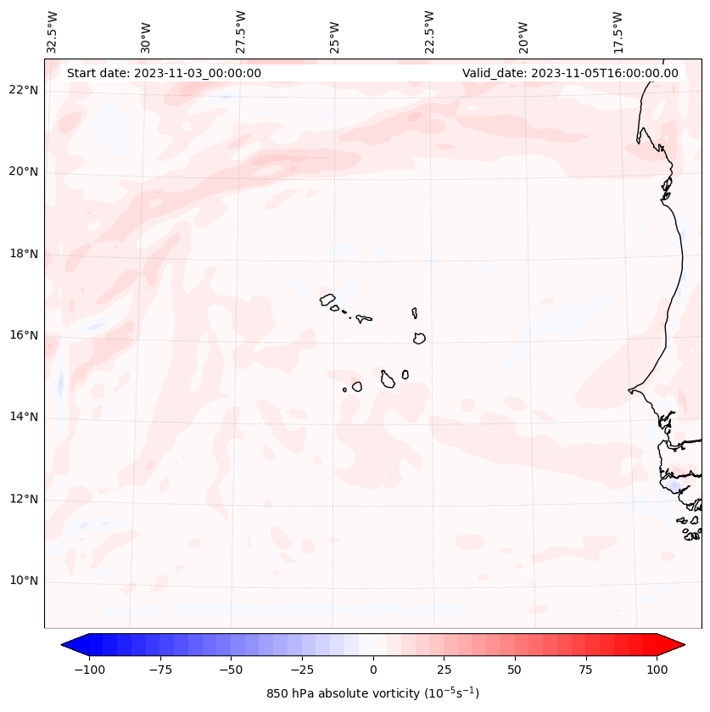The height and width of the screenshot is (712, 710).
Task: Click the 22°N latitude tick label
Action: pos(24,90)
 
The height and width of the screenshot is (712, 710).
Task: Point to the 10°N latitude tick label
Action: pos(24,581)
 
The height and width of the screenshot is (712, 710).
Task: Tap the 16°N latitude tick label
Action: pos(24,335)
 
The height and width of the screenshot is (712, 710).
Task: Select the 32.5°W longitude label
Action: pos(53,31)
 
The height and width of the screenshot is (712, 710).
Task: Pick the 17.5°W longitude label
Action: pos(618,31)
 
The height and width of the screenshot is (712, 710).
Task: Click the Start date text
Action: pos(164,73)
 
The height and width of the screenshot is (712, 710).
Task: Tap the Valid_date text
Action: pos(570,73)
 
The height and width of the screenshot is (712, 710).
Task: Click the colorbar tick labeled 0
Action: pos(373,670)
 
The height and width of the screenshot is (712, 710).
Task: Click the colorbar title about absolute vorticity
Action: pos(373,693)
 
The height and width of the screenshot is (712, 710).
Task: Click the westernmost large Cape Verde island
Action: pos(327,299)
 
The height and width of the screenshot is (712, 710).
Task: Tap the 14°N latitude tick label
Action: pos(24,417)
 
